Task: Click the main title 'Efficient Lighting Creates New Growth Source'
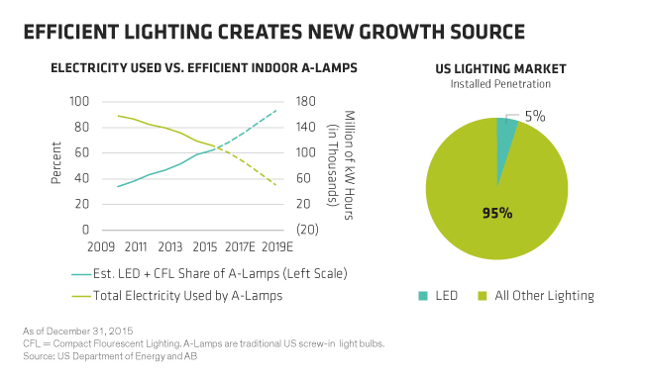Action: click(x=274, y=32)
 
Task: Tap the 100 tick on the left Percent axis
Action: click(x=79, y=101)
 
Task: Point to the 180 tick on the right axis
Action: click(x=305, y=101)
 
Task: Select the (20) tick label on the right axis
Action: click(x=307, y=230)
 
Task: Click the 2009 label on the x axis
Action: click(x=101, y=246)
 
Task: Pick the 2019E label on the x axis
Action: click(x=277, y=246)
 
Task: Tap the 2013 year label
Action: click(x=170, y=246)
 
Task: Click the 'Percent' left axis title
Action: click(x=55, y=162)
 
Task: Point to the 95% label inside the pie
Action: click(x=497, y=213)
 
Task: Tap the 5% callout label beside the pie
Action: click(x=535, y=117)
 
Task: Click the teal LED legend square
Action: click(x=423, y=296)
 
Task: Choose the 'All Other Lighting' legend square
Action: click(x=483, y=296)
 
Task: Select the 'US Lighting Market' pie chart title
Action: click(x=500, y=68)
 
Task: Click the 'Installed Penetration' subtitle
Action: click(x=500, y=84)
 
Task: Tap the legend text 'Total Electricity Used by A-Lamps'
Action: click(x=187, y=296)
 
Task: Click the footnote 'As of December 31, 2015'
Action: click(x=77, y=331)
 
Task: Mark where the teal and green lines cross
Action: click(x=218, y=147)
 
